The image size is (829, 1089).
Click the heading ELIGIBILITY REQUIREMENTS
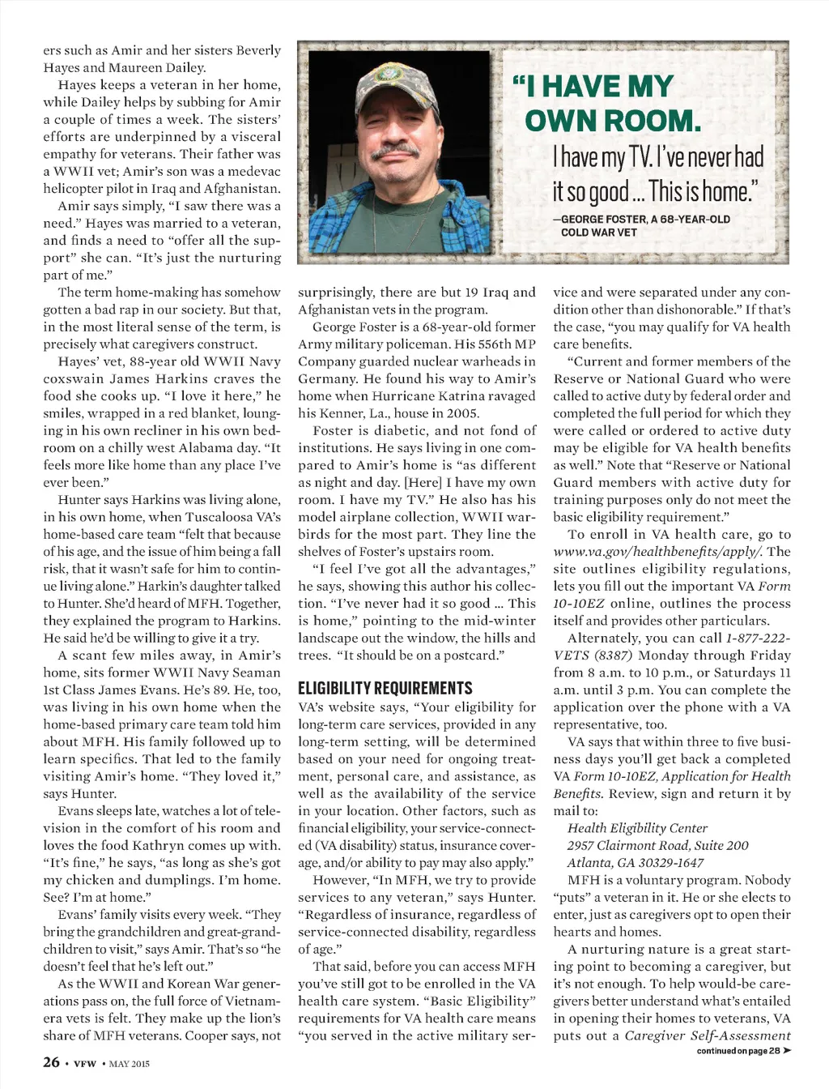coord(385,689)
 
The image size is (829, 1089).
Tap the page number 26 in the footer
coord(51,1061)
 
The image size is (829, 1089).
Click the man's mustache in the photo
coord(395,152)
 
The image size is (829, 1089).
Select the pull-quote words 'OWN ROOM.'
coord(612,121)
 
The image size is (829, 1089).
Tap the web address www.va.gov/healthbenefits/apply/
coord(657,552)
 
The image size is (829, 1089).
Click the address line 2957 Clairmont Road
coord(657,845)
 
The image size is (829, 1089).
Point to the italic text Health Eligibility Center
coord(637,828)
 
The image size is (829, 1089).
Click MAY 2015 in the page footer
coord(130,1063)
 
